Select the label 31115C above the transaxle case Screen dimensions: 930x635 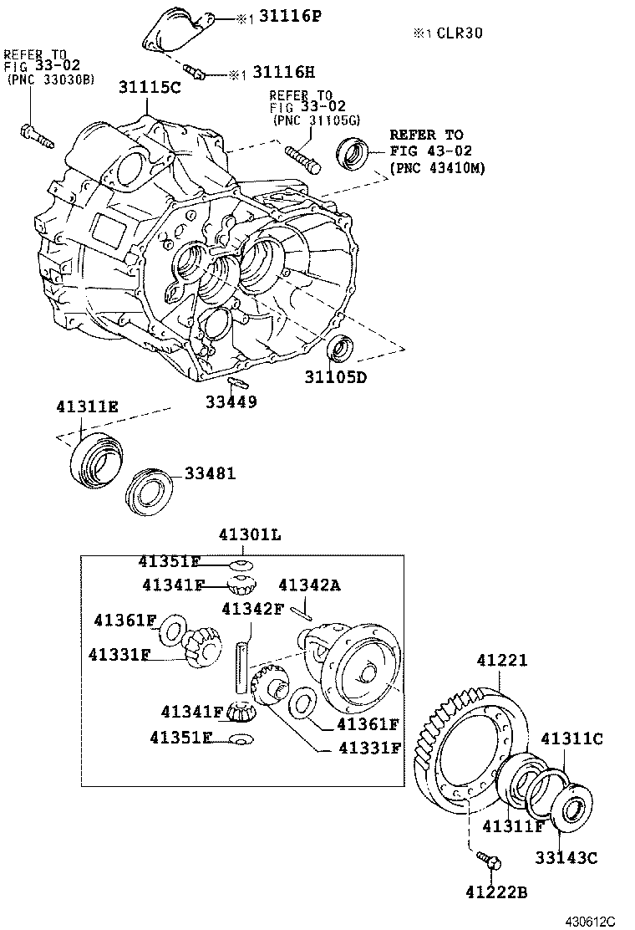click(149, 87)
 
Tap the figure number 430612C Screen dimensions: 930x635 click(585, 920)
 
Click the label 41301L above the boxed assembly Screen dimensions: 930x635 click(242, 535)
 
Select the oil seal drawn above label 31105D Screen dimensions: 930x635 click(341, 348)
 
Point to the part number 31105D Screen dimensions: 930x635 click(335, 377)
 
